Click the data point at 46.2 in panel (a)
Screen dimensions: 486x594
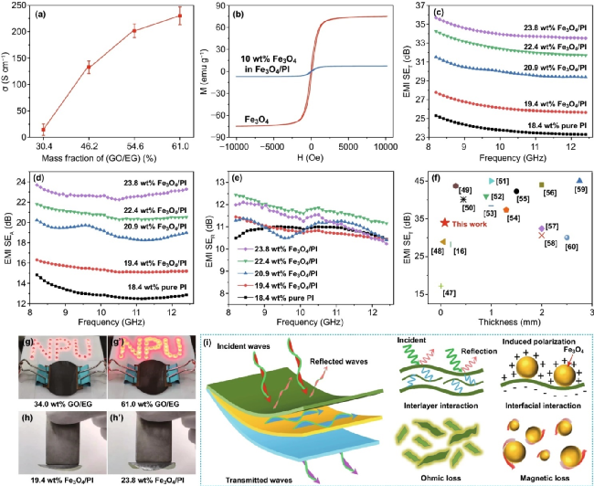coord(88,68)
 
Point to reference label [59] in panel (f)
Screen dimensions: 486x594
coord(580,190)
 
